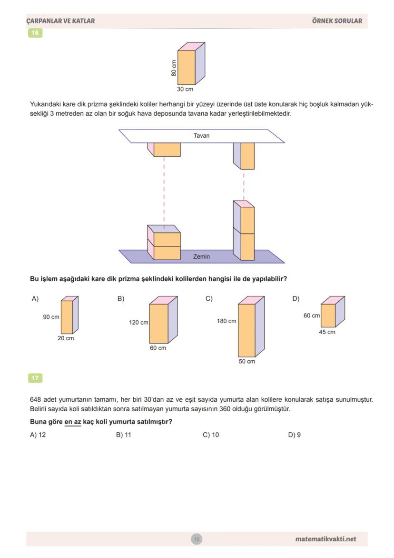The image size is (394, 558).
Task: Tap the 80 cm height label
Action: [174, 68]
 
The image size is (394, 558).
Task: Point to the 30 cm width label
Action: [185, 89]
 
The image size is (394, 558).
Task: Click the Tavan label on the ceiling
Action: [201, 136]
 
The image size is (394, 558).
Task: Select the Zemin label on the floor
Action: [201, 256]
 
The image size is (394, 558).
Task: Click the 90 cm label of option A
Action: [51, 317]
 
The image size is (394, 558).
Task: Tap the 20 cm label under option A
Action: [66, 338]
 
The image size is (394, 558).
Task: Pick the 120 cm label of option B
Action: [138, 323]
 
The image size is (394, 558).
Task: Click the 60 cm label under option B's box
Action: [158, 348]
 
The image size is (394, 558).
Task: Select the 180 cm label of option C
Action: [227, 321]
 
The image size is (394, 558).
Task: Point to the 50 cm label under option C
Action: [246, 361]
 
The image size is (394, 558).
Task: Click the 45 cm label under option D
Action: [327, 332]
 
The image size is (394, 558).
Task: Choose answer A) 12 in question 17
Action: [38, 435]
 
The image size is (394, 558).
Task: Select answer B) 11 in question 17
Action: [124, 435]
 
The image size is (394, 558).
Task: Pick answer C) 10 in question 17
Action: [211, 435]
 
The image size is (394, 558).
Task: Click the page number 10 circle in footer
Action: [197, 539]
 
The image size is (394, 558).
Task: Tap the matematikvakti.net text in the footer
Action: [325, 539]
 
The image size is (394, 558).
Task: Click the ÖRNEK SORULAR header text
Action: [337, 21]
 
